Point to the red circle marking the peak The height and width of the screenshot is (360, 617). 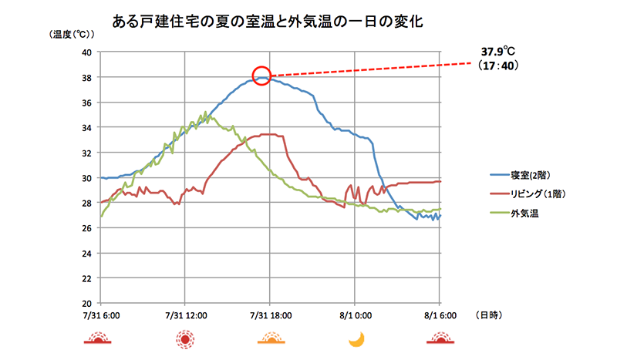[261, 76]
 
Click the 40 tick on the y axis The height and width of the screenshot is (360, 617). [86, 52]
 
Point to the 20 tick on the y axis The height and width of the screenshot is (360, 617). [86, 303]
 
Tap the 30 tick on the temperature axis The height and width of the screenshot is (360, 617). [86, 178]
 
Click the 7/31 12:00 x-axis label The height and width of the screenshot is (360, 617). [184, 315]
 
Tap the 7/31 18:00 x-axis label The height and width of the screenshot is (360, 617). [270, 315]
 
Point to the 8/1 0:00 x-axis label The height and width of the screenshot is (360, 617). [355, 315]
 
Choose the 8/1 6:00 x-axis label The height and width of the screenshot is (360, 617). [439, 315]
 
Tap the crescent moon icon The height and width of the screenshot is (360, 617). [356, 338]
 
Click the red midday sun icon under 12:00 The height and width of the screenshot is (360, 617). [185, 338]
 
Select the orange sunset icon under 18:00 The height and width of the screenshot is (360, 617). [270, 338]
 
